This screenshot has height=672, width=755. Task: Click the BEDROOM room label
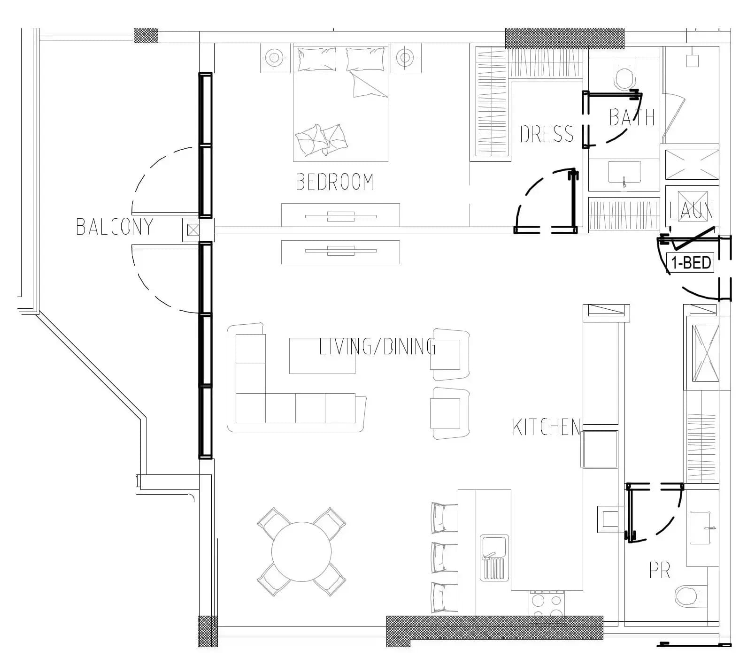click(334, 182)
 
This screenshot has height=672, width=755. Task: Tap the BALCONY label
click(115, 227)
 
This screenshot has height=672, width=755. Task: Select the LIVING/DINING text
click(377, 346)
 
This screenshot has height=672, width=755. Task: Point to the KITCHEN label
click(547, 427)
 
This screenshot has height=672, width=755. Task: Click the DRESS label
click(547, 134)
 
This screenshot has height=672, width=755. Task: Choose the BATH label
click(632, 117)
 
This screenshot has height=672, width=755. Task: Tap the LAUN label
click(691, 210)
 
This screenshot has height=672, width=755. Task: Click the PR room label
click(660, 570)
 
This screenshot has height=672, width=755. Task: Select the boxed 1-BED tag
click(690, 263)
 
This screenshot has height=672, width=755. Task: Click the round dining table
click(301, 552)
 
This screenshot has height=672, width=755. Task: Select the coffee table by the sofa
click(322, 356)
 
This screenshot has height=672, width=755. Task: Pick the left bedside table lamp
click(275, 58)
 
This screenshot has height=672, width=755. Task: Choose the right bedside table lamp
click(405, 58)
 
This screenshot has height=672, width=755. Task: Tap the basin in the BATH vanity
click(624, 172)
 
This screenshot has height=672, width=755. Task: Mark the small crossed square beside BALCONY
click(193, 230)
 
